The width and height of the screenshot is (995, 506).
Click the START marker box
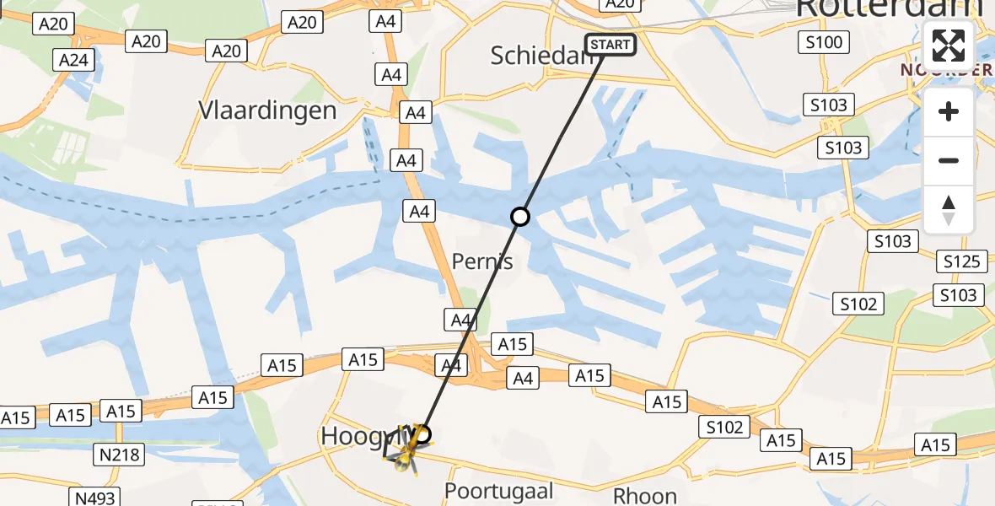(610, 45)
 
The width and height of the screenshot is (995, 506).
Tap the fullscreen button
(949, 46)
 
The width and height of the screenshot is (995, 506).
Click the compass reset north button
(949, 210)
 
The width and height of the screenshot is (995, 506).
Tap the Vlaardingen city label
(267, 110)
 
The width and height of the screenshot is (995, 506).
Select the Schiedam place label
(540, 56)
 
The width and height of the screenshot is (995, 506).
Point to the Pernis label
(482, 261)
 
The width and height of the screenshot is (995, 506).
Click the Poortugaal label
(499, 491)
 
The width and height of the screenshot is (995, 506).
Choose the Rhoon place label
(645, 495)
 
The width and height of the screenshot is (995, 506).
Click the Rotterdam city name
(889, 8)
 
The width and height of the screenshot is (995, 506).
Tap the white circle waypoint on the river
(520, 217)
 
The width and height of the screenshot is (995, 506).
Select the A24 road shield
(73, 60)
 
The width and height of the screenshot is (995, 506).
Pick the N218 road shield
(119, 455)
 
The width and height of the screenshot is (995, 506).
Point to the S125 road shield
(960, 261)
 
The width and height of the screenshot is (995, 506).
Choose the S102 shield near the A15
(724, 428)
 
